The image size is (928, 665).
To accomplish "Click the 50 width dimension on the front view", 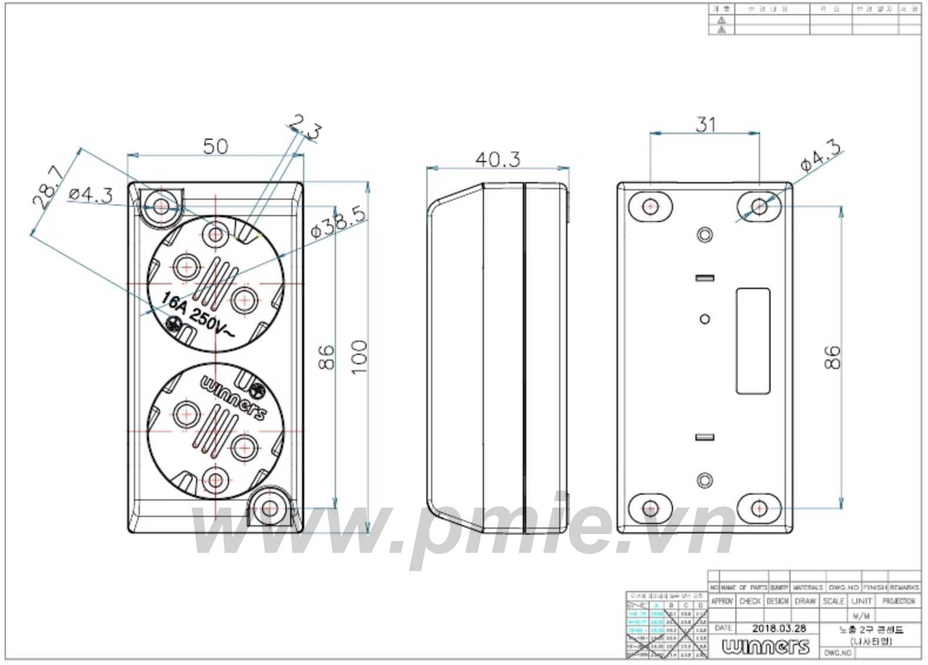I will [215, 146].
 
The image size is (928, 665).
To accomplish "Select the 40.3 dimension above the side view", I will [497, 159].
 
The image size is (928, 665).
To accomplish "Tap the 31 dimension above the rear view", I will [705, 124].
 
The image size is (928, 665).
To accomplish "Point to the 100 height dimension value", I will [358, 357].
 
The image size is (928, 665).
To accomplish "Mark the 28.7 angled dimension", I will [49, 187].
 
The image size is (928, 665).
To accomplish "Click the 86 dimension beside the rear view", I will [832, 357].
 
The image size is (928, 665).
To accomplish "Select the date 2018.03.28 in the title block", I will [779, 628].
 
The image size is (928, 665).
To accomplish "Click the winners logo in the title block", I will [765, 647].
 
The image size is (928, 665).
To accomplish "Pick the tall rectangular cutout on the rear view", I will [753, 341].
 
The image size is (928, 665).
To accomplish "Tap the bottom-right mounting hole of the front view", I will [270, 508].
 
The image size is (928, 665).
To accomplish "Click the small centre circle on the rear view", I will [705, 319].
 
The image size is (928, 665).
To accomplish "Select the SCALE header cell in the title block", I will [833, 601].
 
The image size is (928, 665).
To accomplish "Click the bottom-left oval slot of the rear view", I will [650, 508].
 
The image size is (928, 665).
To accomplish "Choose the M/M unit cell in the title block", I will [861, 616].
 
